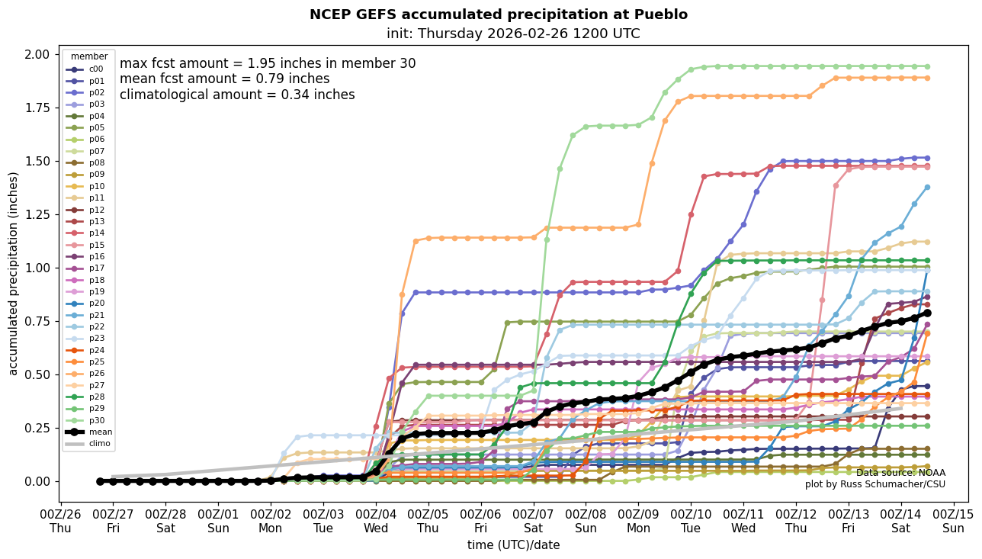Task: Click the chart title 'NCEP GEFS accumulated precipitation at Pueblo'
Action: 498,14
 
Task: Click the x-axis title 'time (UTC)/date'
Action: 513,545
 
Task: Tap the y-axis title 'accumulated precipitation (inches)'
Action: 14,273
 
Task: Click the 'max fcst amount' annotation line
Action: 268,63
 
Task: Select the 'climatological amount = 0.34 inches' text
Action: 237,95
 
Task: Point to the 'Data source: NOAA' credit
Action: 900,473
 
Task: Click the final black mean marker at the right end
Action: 927,313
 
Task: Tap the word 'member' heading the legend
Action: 89,56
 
